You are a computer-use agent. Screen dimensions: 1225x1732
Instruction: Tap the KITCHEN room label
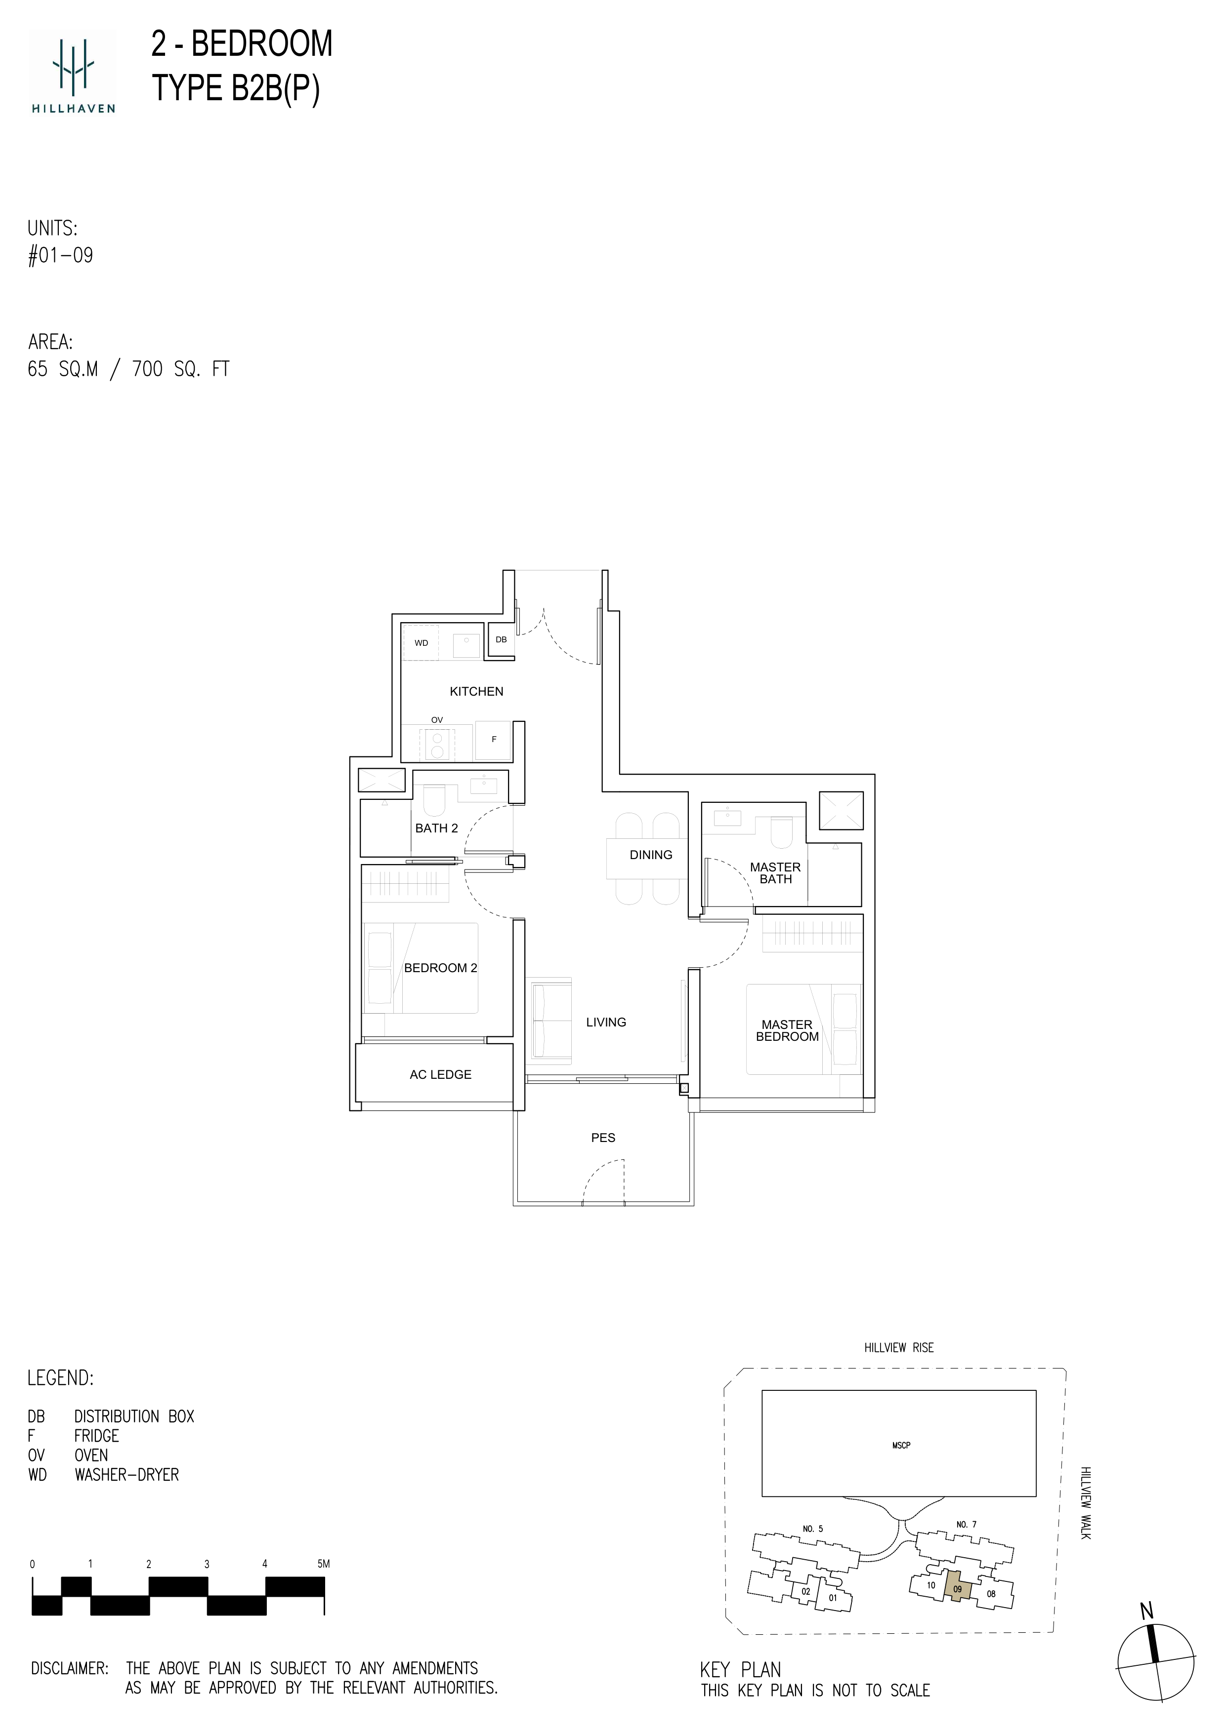pos(476,691)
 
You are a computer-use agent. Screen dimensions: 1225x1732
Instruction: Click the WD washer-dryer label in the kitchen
pos(421,643)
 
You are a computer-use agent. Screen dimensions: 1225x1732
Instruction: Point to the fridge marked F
pos(494,740)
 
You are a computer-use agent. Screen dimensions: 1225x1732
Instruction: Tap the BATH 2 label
pos(436,828)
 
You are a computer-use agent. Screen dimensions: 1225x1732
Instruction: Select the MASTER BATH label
pos(775,873)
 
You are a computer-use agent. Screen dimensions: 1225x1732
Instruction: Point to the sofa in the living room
pos(550,1020)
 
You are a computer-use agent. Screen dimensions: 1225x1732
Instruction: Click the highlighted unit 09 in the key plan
pos(957,1589)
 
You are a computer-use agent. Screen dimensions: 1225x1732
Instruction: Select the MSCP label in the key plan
pos(901,1445)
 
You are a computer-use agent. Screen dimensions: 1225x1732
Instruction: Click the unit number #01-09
pos(60,255)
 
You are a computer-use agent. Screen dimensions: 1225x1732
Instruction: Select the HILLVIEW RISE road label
pos(899,1347)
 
